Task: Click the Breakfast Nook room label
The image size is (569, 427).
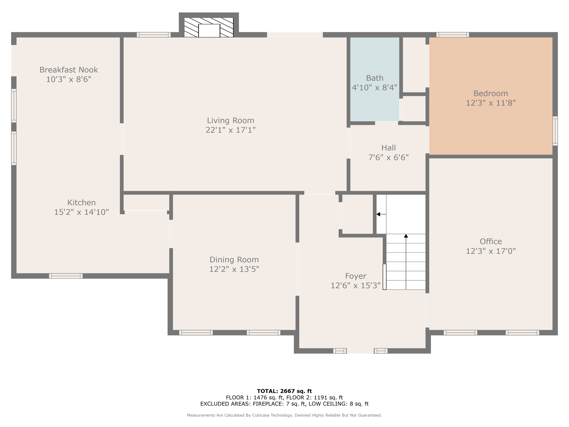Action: coord(69,70)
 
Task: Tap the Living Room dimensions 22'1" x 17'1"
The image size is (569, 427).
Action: coord(230,130)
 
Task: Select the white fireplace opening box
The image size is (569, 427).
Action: coord(209,31)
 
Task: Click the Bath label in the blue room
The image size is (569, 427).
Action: coord(375,78)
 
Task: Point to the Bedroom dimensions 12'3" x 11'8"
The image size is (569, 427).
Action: coord(491,103)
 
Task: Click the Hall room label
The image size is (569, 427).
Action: coord(388,148)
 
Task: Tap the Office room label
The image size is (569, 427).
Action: coord(491,241)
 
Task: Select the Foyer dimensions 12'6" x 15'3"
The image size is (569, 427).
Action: coord(355,286)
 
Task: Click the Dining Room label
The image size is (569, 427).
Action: coord(234,260)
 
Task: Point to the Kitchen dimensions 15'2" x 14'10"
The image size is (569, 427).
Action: coord(81,212)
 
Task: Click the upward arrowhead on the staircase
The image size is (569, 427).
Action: coord(406,236)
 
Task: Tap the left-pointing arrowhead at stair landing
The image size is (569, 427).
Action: coord(378,214)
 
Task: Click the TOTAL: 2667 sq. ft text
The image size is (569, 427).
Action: coord(284,391)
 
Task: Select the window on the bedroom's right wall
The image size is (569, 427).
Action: coord(555,131)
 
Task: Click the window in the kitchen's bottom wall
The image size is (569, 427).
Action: coord(66,276)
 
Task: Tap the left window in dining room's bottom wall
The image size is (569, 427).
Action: coord(196,332)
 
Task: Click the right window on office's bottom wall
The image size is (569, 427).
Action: coord(522,332)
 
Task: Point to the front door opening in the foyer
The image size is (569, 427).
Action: coord(360,351)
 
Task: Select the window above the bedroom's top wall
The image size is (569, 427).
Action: coord(453,35)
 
